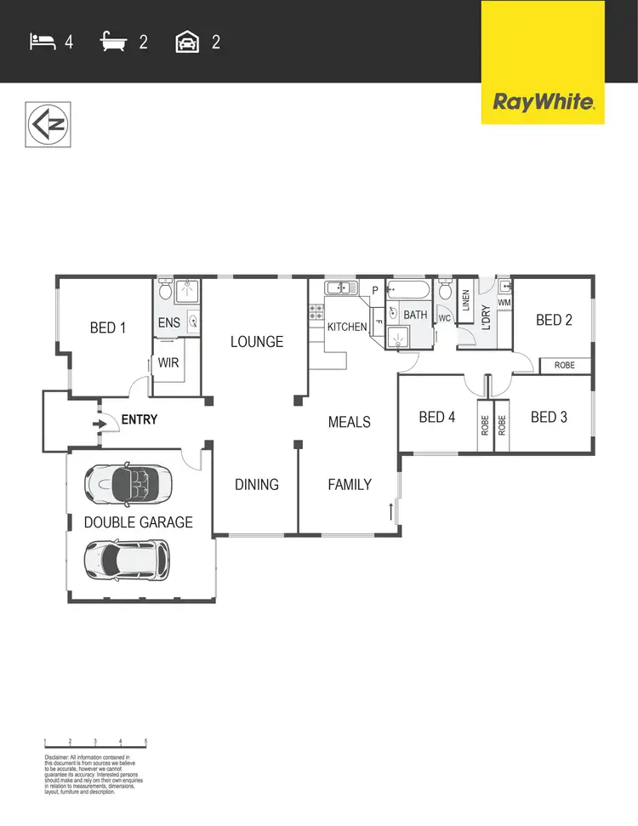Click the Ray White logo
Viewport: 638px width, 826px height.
tap(543, 102)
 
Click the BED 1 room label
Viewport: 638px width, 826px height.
tap(108, 328)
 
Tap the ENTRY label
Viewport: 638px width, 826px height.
tap(140, 420)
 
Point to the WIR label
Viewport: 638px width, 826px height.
tap(169, 362)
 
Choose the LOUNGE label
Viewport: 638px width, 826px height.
tap(257, 342)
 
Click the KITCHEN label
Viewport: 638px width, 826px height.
tap(347, 328)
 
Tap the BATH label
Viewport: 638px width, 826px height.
tap(415, 316)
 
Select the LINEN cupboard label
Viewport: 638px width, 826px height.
tap(465, 301)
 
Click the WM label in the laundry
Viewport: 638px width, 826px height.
tap(504, 302)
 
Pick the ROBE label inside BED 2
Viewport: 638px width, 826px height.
tap(565, 366)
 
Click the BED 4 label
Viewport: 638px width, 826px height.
tap(437, 418)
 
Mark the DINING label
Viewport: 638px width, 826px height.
tap(257, 485)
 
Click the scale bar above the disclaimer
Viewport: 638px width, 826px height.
tap(95, 746)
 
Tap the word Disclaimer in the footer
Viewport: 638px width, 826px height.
tap(60, 756)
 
